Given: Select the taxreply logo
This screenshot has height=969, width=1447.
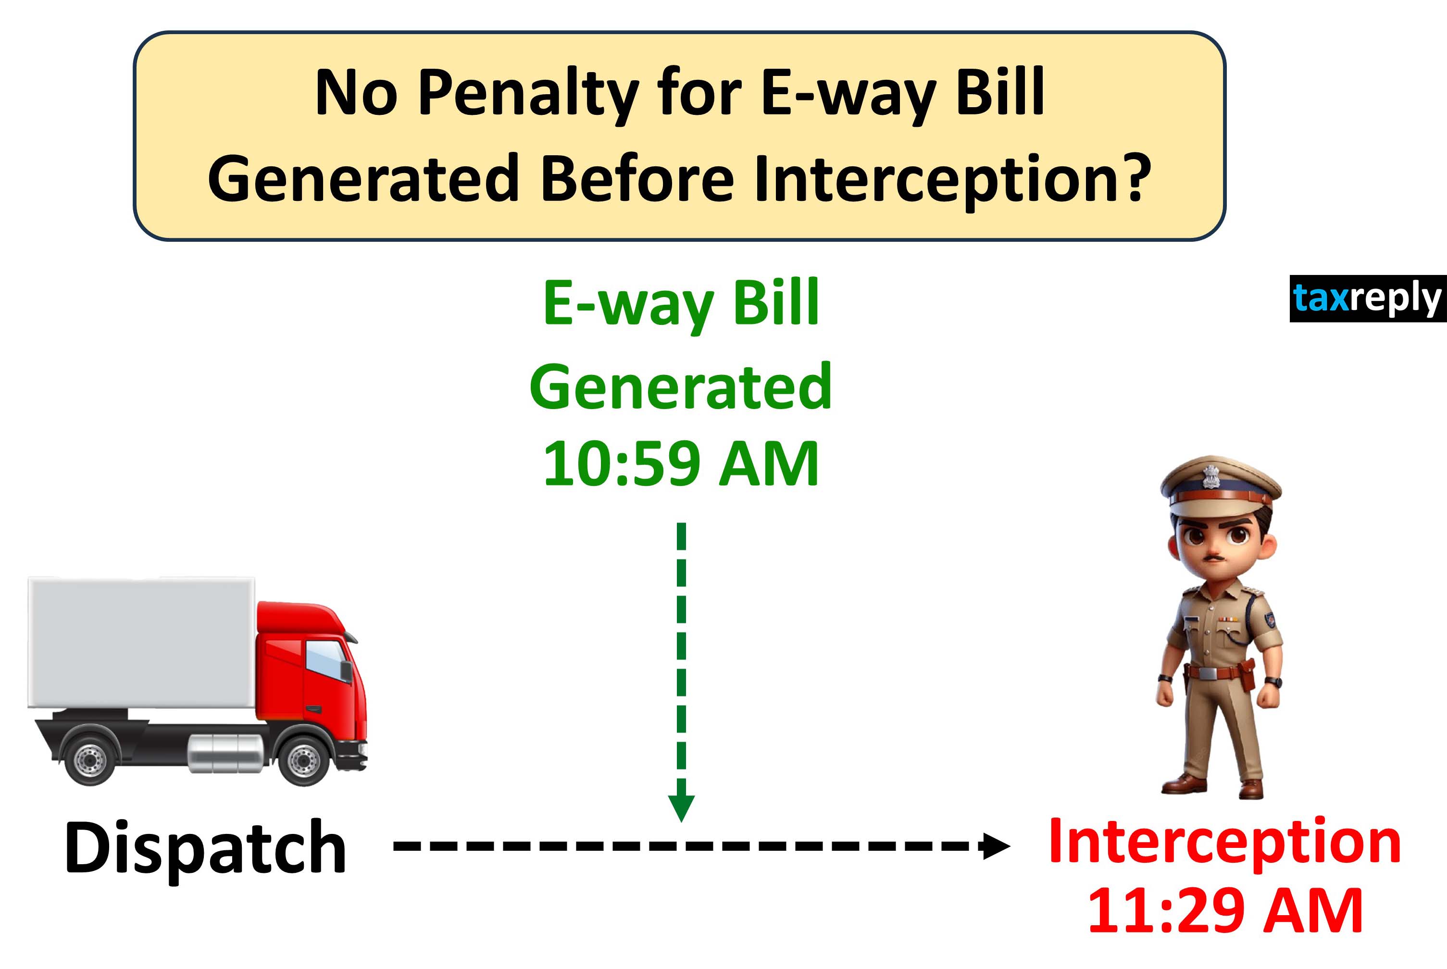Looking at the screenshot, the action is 1367,298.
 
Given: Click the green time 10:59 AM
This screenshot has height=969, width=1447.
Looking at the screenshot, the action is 681,463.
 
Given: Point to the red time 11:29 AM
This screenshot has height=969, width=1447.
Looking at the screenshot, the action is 1224,910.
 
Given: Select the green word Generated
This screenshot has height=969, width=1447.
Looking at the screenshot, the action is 681,387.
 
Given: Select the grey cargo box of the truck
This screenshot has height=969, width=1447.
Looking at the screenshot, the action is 141,643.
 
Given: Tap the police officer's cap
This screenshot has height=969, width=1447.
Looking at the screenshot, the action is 1220,487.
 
